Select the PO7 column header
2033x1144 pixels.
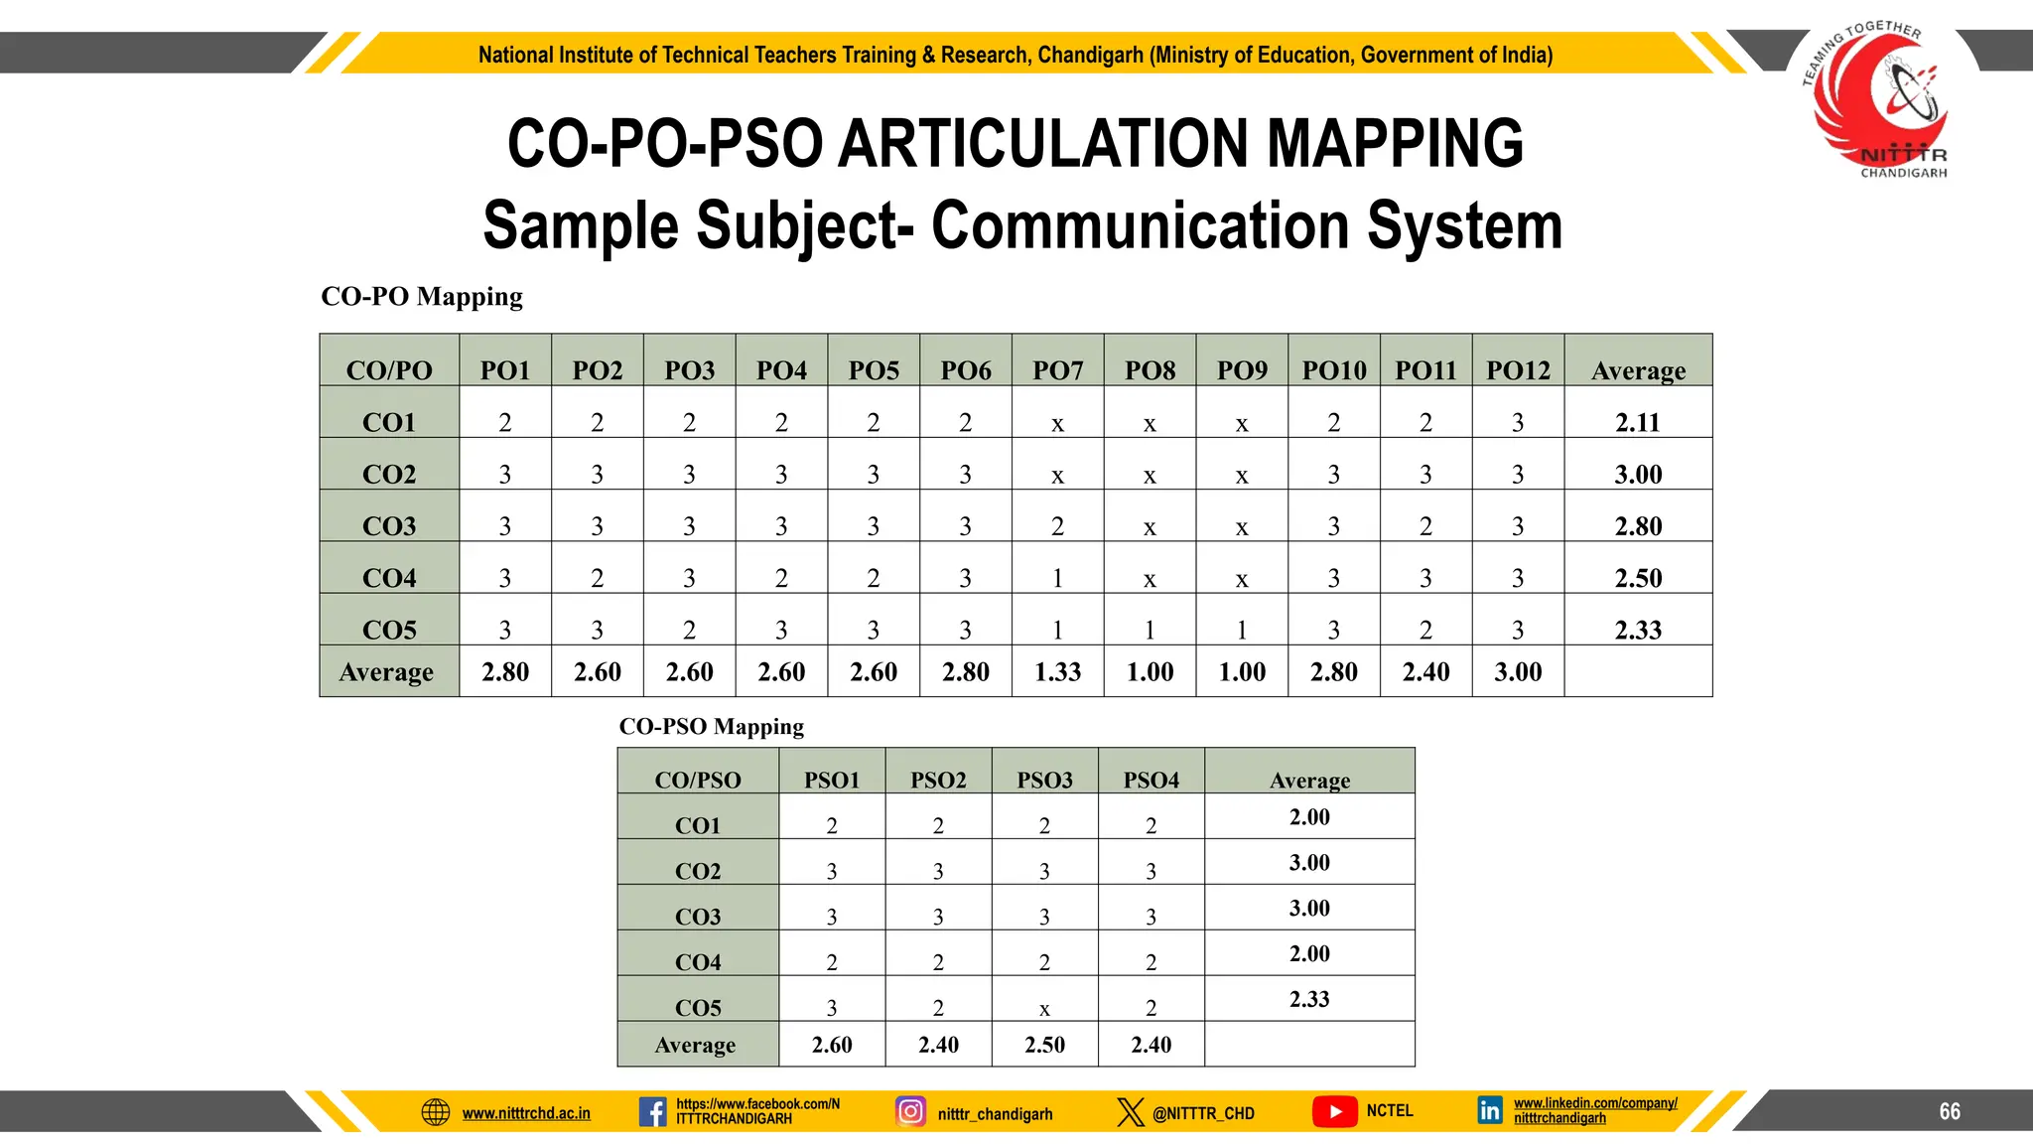click(1057, 370)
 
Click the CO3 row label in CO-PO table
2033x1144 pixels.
click(389, 525)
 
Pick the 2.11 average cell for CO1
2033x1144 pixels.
click(1638, 422)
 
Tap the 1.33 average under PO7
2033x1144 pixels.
click(1057, 672)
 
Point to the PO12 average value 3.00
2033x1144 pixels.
click(1518, 672)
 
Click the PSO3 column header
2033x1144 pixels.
click(1044, 780)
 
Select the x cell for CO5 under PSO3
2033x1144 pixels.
click(1044, 1009)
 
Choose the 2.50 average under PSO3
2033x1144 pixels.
click(1044, 1045)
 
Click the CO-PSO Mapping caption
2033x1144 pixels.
click(711, 727)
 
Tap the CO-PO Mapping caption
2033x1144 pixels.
click(422, 297)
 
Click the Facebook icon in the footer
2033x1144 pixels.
click(652, 1111)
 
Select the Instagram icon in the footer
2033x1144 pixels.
click(910, 1111)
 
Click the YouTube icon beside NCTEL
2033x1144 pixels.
click(1334, 1111)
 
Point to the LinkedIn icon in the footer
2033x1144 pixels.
click(1490, 1110)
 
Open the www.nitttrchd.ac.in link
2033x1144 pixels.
click(526, 1113)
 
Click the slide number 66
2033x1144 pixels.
click(1950, 1111)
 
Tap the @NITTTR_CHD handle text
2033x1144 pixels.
click(1203, 1113)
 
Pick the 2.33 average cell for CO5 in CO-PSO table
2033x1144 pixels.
click(1309, 999)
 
